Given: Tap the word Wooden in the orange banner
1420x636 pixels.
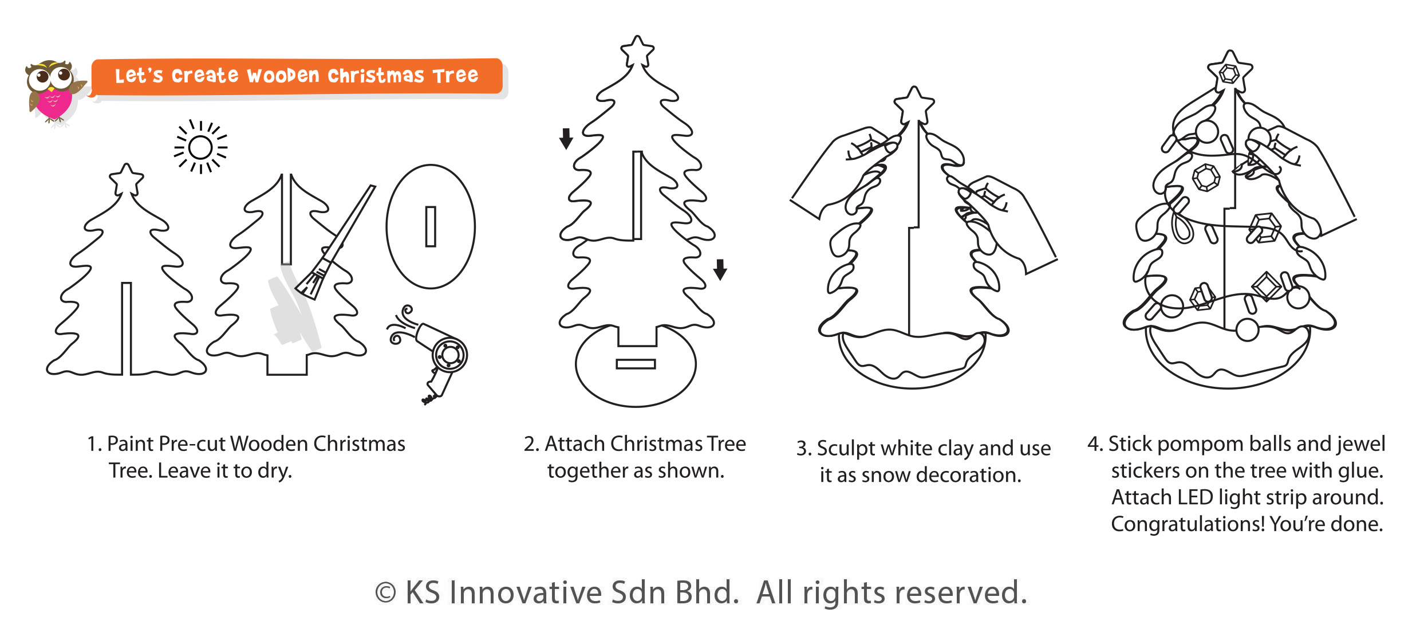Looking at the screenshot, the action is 283,76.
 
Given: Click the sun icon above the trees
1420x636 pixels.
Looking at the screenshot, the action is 200,147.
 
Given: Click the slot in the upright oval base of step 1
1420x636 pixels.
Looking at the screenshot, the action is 431,227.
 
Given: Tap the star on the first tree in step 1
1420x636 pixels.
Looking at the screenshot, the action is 127,180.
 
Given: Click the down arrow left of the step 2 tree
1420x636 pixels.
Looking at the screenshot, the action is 566,138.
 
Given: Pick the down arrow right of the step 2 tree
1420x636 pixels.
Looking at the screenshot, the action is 720,269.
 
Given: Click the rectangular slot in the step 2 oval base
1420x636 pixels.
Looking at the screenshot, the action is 636,364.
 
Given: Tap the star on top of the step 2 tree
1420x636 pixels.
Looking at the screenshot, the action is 637,52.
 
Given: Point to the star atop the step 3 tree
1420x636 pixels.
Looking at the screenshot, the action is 914,104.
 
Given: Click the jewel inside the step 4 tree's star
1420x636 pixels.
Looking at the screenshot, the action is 1229,73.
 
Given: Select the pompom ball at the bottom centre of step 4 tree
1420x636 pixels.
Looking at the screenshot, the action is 1247,329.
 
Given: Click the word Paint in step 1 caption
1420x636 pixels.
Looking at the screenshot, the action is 130,444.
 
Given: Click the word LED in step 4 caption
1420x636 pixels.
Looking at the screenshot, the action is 1194,497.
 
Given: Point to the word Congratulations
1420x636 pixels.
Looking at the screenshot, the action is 1188,524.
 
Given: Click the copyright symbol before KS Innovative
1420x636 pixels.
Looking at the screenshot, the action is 385,593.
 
